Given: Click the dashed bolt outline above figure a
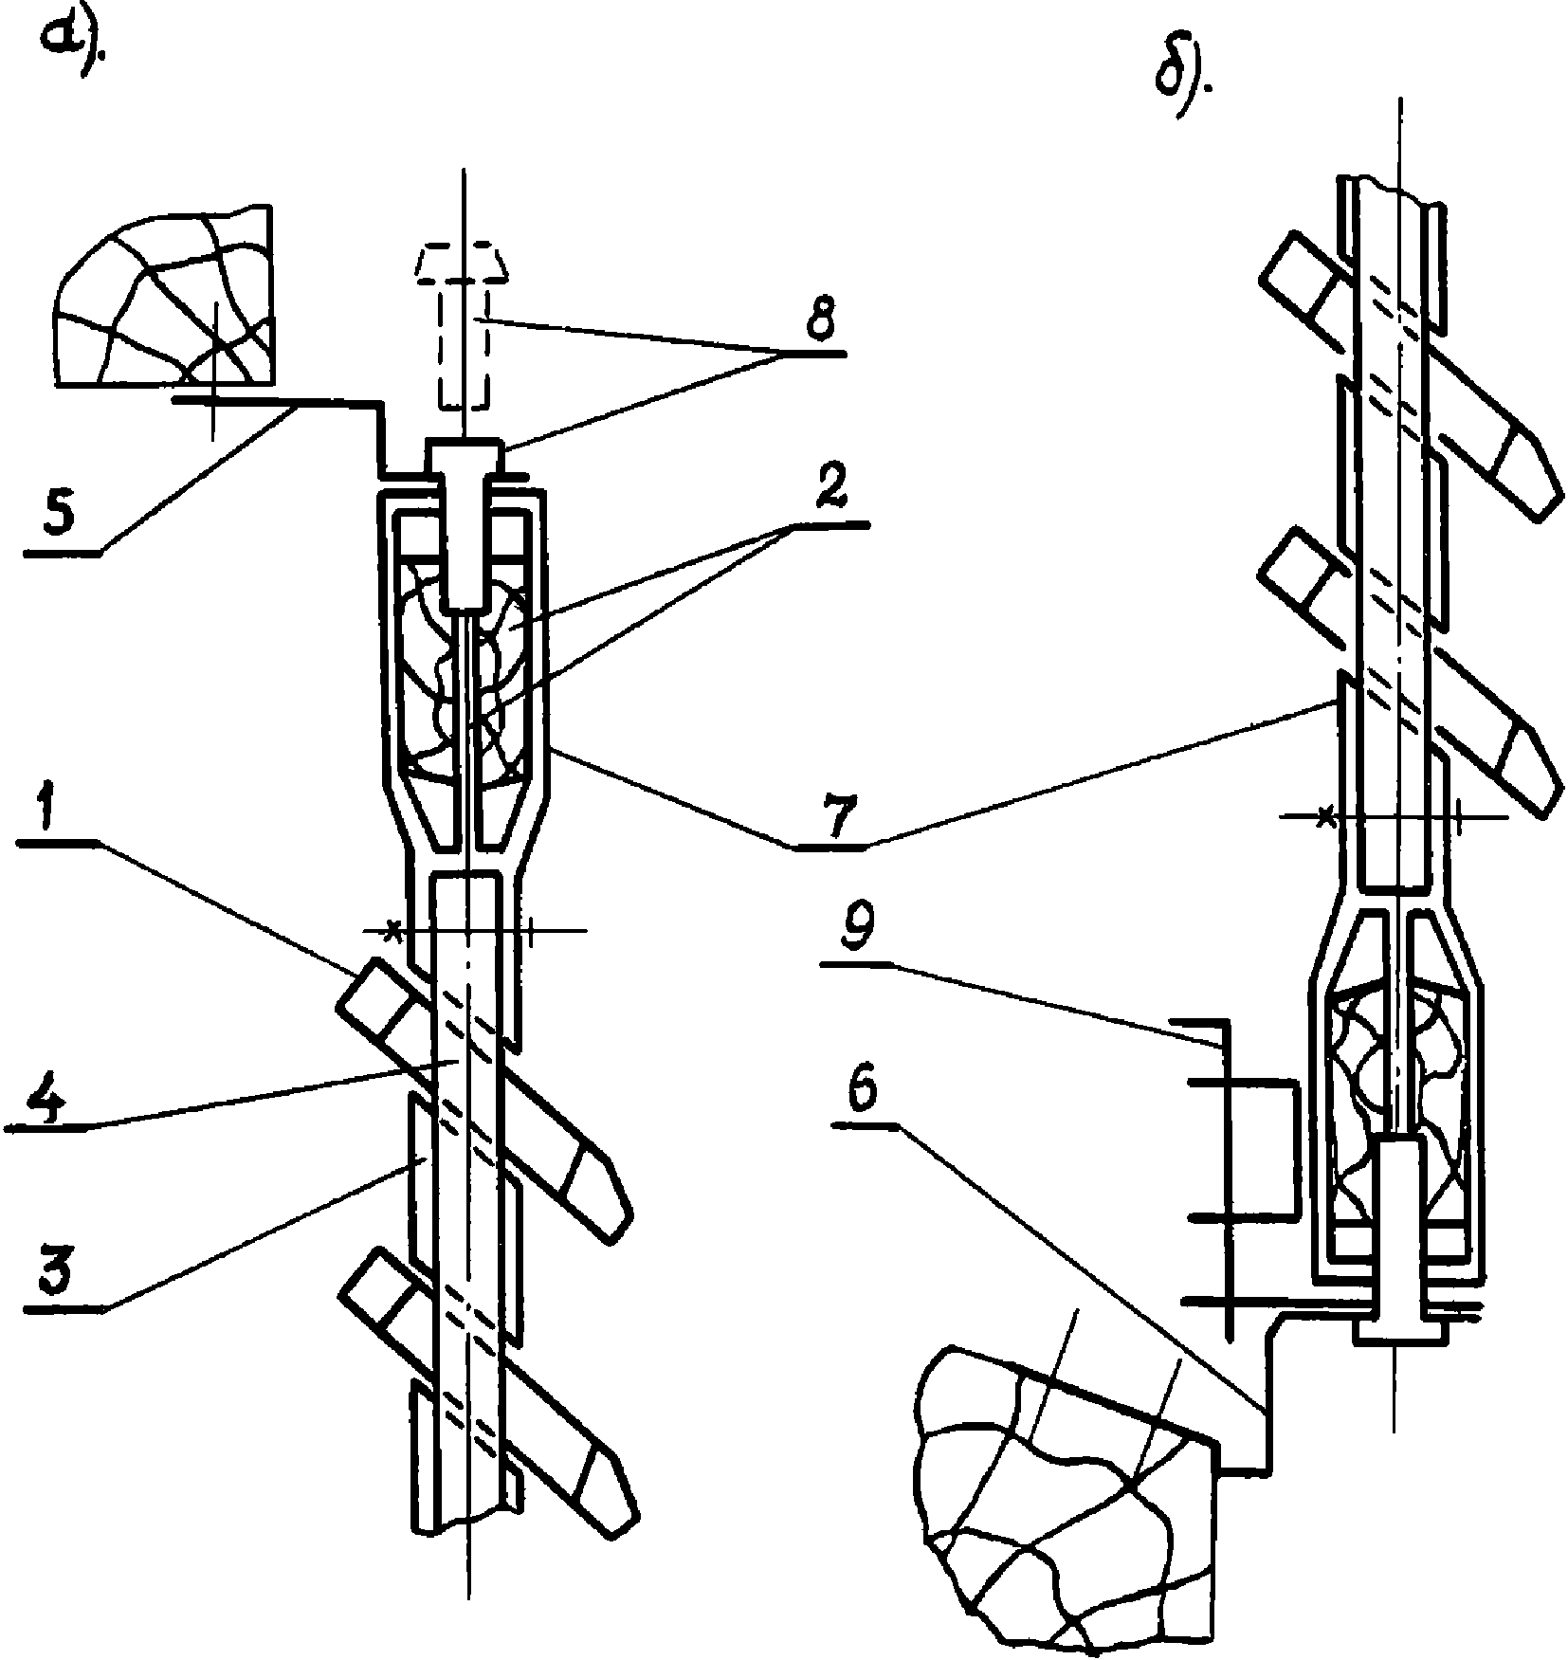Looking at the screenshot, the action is [462, 327].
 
